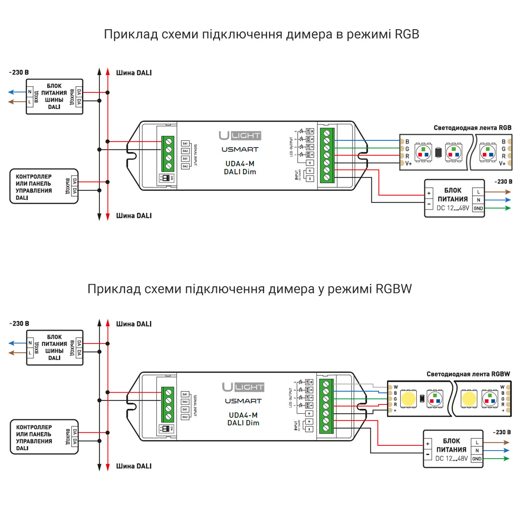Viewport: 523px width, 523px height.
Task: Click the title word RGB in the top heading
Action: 407,34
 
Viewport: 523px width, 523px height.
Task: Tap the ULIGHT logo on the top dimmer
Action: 240,136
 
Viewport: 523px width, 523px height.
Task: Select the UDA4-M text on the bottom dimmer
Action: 243,415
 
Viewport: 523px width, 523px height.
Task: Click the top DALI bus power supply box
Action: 54,97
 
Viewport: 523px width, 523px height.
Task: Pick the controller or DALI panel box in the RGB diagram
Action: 44,187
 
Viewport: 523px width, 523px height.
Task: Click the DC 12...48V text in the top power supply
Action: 453,208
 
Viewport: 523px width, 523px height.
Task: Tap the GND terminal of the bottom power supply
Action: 477,459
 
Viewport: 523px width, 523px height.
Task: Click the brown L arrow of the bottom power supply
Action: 497,442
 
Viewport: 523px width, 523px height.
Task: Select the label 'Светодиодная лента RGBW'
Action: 468,374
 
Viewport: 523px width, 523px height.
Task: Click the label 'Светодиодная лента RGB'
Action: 472,128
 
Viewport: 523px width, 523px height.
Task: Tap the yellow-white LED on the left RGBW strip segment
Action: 408,398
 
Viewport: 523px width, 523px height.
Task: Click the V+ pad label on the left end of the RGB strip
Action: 408,163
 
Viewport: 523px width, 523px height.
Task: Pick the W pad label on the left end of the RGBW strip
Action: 396,387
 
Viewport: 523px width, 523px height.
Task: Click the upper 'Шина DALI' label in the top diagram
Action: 134,73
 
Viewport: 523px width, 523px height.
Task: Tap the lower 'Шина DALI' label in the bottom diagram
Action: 134,466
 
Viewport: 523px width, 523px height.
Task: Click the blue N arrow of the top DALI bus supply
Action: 17,92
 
